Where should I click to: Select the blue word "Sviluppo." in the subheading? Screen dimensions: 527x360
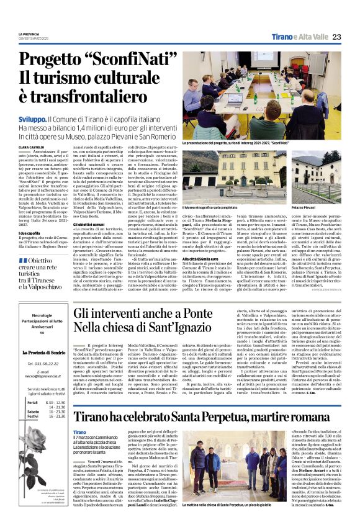pos(32,118)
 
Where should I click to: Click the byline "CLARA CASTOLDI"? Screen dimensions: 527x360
pos(32,147)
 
